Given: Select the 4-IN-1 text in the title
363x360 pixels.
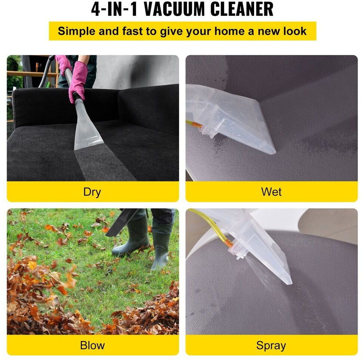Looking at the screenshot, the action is tap(114, 9).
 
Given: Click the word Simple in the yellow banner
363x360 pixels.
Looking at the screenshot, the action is tap(76, 31).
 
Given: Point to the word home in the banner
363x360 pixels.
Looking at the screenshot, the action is tap(229, 31).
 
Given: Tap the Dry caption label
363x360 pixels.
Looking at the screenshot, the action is tap(92, 192).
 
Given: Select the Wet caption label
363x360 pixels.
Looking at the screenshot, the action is tap(271, 192).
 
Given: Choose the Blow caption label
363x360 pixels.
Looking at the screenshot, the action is tap(92, 345).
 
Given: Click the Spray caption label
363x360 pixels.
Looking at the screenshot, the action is tap(271, 346).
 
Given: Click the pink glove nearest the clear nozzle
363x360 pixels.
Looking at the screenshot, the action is tap(78, 82).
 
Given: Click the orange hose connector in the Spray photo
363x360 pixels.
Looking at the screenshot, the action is tap(229, 243).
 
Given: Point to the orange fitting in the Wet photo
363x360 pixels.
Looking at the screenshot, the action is tap(197, 125).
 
